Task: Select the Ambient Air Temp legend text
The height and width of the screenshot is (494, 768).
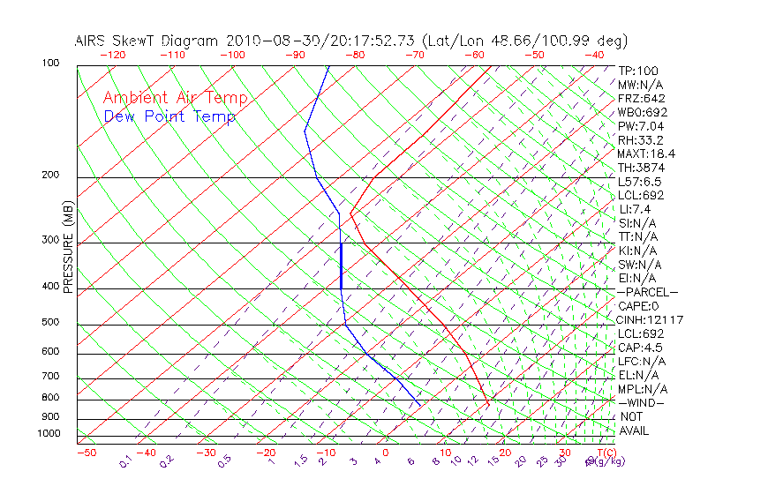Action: [x=175, y=98]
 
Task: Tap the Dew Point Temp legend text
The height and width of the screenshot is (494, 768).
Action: [x=169, y=116]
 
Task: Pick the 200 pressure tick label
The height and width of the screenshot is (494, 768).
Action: [x=51, y=176]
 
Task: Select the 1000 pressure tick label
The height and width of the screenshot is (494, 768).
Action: [x=49, y=434]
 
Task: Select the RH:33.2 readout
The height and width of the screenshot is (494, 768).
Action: [x=639, y=140]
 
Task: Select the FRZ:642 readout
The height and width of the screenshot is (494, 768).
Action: [x=642, y=99]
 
